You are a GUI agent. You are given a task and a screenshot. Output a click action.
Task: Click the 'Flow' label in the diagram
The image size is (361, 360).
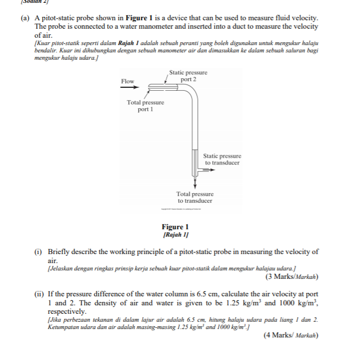pos(127,81)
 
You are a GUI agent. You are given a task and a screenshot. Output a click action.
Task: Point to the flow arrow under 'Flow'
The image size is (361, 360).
pos(129,88)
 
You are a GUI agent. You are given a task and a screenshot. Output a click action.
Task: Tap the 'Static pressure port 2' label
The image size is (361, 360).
pos(188,76)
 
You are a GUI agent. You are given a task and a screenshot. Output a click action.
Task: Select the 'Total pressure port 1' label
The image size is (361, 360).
pos(146,105)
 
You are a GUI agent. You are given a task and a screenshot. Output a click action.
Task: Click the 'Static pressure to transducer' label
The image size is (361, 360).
pos(222,159)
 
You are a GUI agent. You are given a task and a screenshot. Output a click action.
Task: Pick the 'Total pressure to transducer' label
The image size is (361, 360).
pos(195,197)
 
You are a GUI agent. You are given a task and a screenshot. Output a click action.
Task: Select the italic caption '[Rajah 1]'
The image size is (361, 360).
pos(175,234)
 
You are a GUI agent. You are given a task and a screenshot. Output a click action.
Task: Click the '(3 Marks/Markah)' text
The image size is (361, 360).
pos(291,277)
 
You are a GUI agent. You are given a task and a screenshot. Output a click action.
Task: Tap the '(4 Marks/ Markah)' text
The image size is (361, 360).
pos(290,335)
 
